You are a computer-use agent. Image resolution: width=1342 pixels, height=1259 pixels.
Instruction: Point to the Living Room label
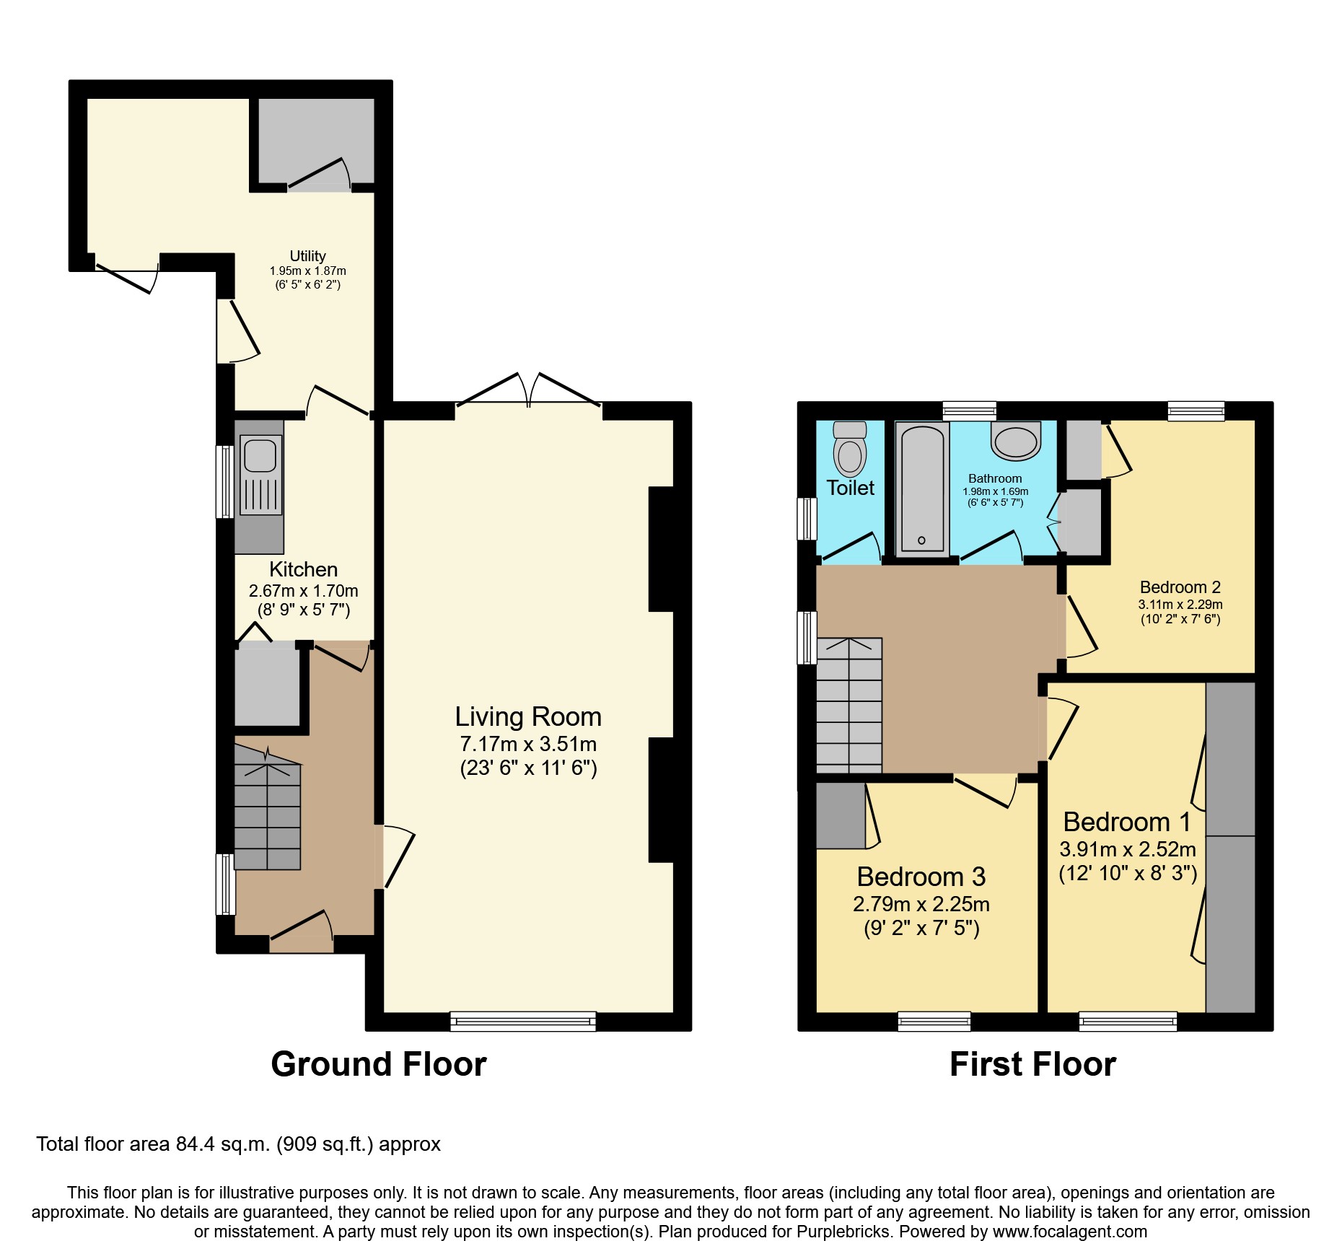click(528, 716)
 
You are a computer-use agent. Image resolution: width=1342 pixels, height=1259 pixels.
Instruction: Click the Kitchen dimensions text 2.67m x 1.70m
click(303, 591)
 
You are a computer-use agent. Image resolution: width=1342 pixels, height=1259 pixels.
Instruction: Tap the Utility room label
click(307, 256)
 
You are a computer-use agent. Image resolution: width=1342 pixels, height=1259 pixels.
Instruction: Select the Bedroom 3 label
click(921, 877)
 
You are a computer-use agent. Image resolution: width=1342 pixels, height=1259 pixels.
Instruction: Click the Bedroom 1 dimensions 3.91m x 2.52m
click(1127, 849)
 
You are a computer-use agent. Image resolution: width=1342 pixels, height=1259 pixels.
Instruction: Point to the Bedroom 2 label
click(1180, 587)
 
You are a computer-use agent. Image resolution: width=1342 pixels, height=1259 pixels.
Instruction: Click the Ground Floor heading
click(378, 1064)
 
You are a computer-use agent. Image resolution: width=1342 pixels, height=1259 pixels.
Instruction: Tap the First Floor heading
click(1032, 1064)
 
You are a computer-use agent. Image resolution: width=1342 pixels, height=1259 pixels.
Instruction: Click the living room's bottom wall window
click(523, 1021)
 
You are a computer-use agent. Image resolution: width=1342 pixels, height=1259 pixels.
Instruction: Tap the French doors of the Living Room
click(529, 393)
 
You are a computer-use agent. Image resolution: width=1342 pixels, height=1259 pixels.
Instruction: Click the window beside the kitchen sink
click(225, 482)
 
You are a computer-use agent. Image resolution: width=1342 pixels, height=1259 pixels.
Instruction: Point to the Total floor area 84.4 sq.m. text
click(238, 1144)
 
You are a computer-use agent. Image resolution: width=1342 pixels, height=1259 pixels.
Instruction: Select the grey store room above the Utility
click(316, 141)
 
